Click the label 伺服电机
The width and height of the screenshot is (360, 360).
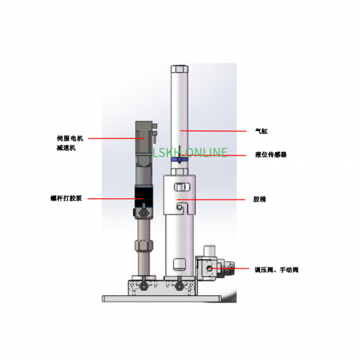coord(70,138)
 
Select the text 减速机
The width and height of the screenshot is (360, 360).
coord(66,148)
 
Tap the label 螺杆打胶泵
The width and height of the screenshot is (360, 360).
coord(66,199)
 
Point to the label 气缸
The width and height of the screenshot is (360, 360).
coord(261,131)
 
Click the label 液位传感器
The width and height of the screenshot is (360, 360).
coord(271,155)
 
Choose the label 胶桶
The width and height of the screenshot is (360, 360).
coord(260,199)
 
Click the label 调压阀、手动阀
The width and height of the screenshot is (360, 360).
coord(276,270)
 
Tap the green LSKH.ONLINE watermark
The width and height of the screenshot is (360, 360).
coord(190,153)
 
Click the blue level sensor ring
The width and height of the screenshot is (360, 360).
coord(179,160)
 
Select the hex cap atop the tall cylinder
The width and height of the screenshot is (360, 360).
coord(179,69)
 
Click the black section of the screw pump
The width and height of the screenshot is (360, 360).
coord(143,197)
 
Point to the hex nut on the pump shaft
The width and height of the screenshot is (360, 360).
coord(144,245)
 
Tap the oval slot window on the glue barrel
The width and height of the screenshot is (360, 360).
coord(182,187)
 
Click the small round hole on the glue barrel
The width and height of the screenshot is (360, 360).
coord(179,207)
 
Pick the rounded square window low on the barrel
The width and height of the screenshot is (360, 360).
coord(179,264)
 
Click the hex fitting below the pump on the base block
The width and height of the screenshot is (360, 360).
coord(143,286)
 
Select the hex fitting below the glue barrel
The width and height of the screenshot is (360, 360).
coord(179,286)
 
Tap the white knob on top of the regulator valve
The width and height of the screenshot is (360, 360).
coord(210,251)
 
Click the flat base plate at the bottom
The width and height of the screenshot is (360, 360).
coord(161,299)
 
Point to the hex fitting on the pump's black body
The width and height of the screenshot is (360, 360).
coord(144,212)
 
